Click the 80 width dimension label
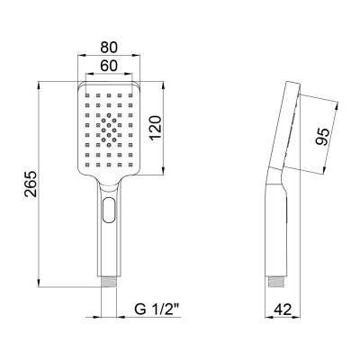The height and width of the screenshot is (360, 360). [109, 47]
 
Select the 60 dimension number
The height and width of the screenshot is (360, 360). [109, 66]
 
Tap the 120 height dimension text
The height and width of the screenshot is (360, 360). [156, 128]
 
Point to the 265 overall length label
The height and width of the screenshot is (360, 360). [31, 184]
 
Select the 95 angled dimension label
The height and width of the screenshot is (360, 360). [323, 137]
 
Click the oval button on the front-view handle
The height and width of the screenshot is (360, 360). [109, 210]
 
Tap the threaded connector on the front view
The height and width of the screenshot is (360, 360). [109, 282]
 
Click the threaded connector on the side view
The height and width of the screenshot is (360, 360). [276, 282]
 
